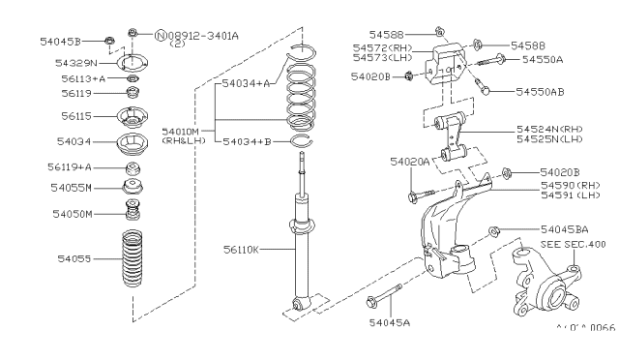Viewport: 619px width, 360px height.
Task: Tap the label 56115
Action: [x=75, y=115]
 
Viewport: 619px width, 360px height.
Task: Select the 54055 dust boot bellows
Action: [x=133, y=259]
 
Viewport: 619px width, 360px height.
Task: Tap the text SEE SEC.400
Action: [x=573, y=245]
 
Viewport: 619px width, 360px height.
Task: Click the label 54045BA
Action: [x=563, y=229]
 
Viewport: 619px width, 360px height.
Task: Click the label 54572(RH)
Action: [x=383, y=46]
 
